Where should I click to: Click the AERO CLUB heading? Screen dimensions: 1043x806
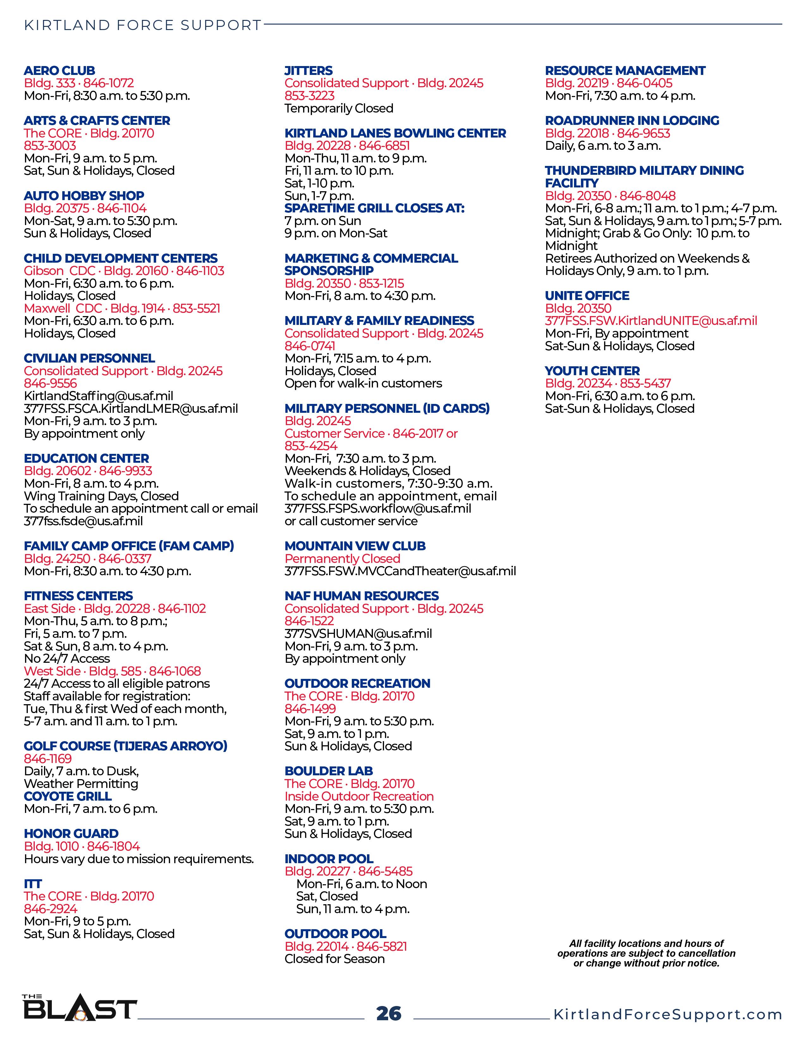pos(59,71)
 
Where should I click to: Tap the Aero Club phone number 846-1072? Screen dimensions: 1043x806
pos(108,83)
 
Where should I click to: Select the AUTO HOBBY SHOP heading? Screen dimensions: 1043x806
pos(84,196)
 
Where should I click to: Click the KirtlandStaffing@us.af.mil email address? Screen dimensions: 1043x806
pos(98,396)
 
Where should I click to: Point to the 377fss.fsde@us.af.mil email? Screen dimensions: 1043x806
pos(83,521)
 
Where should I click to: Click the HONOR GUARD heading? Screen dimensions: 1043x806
pos(71,833)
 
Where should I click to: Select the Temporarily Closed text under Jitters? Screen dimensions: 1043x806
pos(339,108)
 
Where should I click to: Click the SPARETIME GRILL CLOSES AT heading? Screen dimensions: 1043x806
pos(374,208)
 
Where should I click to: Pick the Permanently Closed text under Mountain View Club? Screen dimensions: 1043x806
pos(342,559)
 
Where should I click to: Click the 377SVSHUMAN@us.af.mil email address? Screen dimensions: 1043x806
pos(358,634)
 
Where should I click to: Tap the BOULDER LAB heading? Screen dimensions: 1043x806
pos(328,771)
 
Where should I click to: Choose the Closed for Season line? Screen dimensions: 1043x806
pos(334,959)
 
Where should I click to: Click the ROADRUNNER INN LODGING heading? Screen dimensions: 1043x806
pos(632,121)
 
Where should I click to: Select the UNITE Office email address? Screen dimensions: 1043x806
pos(651,321)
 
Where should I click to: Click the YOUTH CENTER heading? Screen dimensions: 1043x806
pos(592,371)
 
